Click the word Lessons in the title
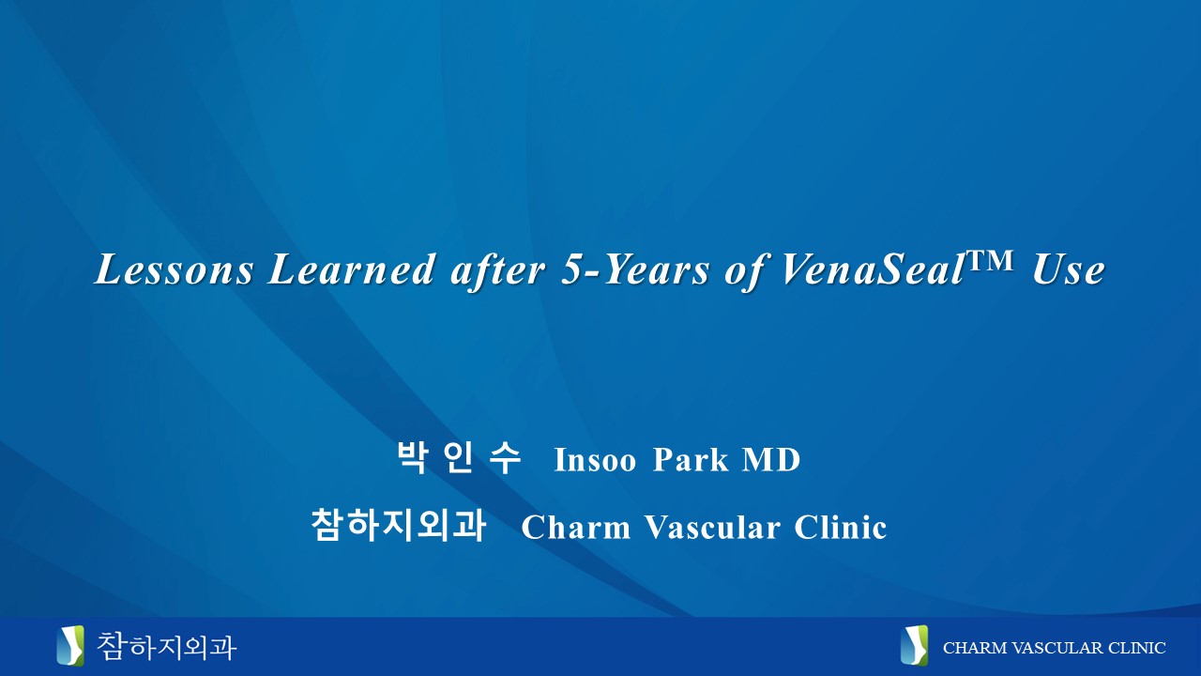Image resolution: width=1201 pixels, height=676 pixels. click(x=174, y=271)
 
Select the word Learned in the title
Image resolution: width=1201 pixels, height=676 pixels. click(x=351, y=271)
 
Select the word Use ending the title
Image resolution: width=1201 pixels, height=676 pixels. click(x=1068, y=271)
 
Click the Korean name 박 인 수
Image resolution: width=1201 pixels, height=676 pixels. click(x=459, y=459)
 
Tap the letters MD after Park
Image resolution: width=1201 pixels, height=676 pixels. click(x=770, y=460)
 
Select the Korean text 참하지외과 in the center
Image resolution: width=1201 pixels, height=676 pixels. click(x=398, y=526)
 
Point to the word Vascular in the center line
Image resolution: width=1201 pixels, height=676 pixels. click(x=712, y=528)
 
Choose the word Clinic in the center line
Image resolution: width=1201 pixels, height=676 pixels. click(x=841, y=528)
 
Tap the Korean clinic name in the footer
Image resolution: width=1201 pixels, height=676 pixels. click(x=166, y=646)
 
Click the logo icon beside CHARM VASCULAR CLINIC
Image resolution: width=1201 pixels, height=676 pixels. click(x=914, y=646)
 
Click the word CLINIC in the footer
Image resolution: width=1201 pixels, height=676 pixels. click(x=1136, y=648)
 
